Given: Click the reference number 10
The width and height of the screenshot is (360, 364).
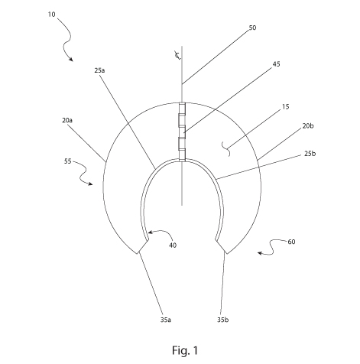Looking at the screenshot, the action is [x=51, y=15].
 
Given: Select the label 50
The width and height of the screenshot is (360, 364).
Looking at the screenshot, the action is [x=252, y=28].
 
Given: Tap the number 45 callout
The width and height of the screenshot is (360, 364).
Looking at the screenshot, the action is [x=276, y=64].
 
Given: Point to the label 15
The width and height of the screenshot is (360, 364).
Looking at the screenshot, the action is [x=286, y=106].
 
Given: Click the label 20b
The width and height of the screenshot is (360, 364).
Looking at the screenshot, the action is [x=308, y=125].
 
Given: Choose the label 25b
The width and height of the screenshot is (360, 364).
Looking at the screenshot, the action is [x=310, y=154].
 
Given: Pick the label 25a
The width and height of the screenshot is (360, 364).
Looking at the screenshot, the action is [x=99, y=70].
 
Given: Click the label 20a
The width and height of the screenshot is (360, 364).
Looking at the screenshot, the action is [x=67, y=120].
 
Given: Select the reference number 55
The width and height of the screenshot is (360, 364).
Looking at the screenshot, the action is [x=67, y=161].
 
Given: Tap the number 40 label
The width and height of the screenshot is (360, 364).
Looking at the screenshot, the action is [x=173, y=245].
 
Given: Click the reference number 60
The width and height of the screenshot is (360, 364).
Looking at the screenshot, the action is [x=291, y=242].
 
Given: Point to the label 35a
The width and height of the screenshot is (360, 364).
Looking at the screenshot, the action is [x=166, y=320].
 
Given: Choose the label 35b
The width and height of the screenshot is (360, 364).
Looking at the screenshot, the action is [x=223, y=320].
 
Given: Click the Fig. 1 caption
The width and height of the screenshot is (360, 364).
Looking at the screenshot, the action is [x=185, y=350].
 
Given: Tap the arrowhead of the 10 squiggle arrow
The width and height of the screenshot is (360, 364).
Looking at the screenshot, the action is [x=71, y=60].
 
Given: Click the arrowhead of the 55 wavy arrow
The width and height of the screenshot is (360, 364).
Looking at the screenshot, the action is [x=91, y=184].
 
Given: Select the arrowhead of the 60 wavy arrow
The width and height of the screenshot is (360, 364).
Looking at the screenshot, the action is [x=259, y=253].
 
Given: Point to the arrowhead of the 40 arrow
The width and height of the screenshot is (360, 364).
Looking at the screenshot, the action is [x=150, y=232].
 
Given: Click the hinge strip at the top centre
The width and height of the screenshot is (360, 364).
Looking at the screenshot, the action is [x=182, y=132].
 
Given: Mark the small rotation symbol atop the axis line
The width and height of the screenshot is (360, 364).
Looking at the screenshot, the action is [x=177, y=55].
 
